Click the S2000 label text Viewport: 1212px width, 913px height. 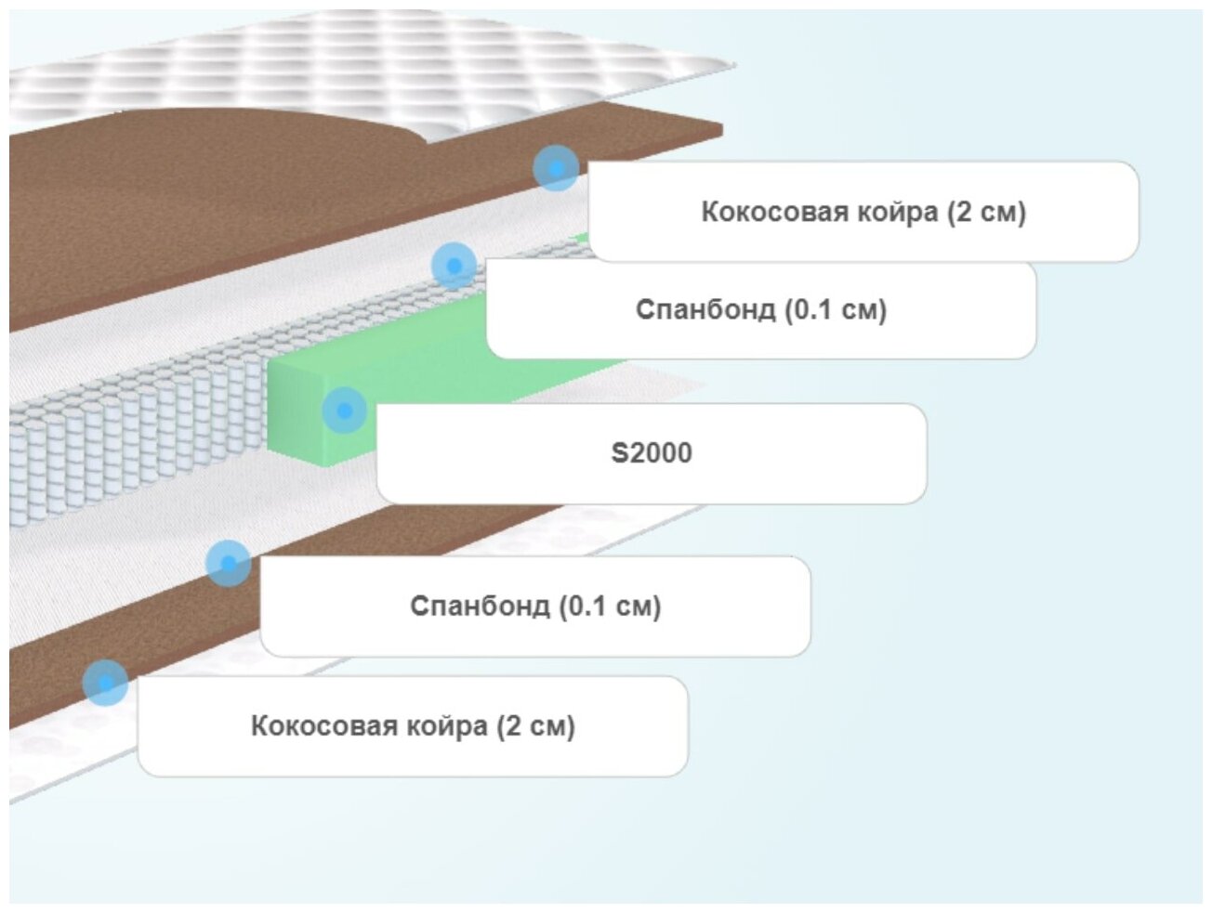point(651,453)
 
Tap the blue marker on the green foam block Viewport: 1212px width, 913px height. point(345,410)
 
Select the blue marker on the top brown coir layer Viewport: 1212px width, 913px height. point(556,168)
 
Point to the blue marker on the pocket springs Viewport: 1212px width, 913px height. point(454,266)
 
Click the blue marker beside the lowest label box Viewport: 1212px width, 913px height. point(105,683)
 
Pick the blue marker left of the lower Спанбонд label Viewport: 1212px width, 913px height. point(228,563)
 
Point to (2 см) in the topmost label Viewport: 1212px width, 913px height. point(986,212)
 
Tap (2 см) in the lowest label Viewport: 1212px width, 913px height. point(535,725)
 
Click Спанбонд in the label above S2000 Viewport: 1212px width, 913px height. point(705,309)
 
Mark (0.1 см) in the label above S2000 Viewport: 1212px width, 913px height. point(836,309)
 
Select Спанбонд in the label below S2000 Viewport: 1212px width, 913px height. point(480,606)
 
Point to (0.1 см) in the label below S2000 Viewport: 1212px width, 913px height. point(610,606)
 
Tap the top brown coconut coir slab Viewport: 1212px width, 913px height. point(186,204)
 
